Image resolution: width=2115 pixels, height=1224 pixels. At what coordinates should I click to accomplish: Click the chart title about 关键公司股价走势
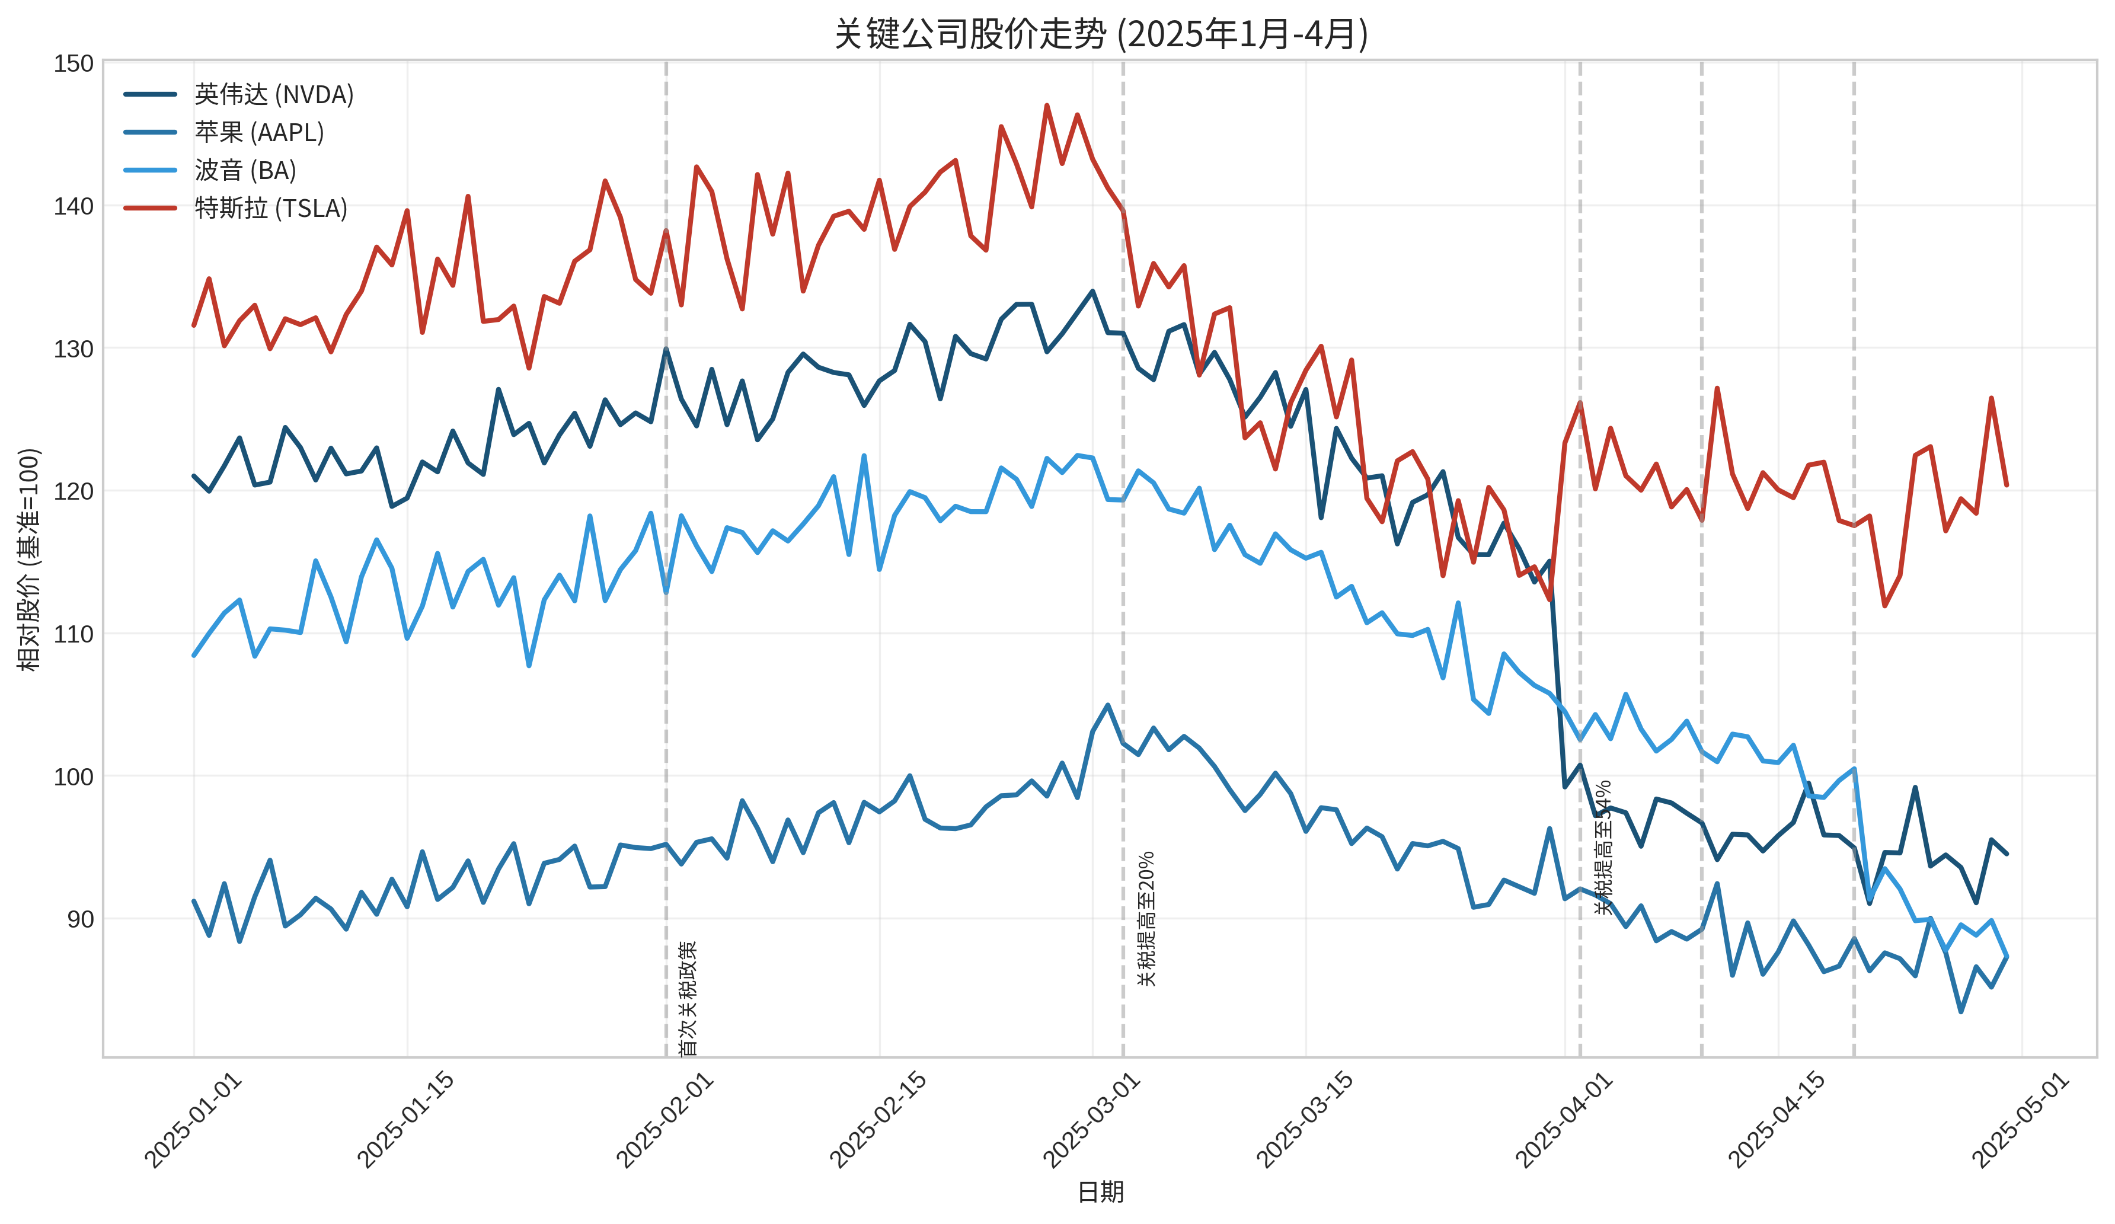point(1100,34)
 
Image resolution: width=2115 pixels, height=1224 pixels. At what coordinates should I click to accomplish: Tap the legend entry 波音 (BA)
point(245,171)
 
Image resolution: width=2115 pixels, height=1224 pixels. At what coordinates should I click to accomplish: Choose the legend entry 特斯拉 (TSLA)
point(270,208)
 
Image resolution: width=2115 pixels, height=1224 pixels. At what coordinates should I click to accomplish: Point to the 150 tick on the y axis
point(74,64)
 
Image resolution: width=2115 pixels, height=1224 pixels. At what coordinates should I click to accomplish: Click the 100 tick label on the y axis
point(74,776)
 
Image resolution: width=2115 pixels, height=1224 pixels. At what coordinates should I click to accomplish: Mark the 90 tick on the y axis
point(81,919)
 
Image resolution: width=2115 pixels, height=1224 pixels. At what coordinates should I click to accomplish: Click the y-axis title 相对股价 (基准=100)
point(30,559)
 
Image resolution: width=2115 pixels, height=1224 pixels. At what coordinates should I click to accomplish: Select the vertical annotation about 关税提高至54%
point(1603,847)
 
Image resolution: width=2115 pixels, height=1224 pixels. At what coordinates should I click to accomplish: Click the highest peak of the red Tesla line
point(1047,106)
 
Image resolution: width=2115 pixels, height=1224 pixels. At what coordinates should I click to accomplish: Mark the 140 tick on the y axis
point(74,206)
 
